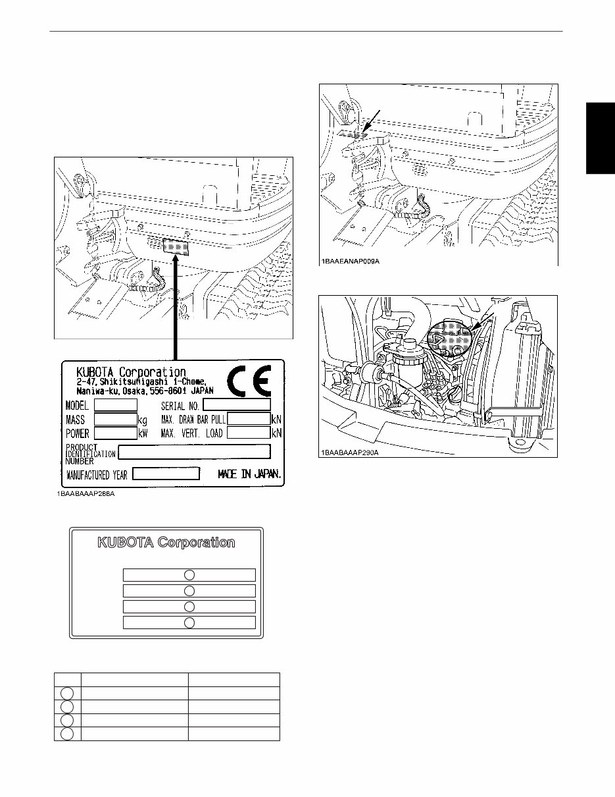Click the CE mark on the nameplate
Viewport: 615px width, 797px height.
pos(249,381)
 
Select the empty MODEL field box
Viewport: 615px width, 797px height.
pos(115,404)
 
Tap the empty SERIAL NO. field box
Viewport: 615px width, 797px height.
pos(237,404)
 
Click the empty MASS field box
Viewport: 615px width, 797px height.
pos(115,419)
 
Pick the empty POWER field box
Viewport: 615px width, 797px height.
pos(115,433)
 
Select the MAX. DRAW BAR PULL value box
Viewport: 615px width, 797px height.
pos(249,419)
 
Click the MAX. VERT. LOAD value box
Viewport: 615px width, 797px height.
pos(249,433)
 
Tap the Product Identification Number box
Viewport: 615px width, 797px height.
pos(194,451)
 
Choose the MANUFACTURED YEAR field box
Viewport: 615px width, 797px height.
pos(166,474)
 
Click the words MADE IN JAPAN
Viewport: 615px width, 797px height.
pos(249,474)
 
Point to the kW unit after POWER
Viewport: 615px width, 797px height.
pos(143,433)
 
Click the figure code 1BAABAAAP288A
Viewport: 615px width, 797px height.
pos(86,494)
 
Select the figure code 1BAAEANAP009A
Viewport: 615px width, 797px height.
pos(351,261)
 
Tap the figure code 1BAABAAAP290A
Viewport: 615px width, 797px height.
pos(351,453)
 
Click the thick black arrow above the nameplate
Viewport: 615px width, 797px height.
pos(176,303)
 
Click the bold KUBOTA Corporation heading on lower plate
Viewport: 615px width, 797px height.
pos(166,543)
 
